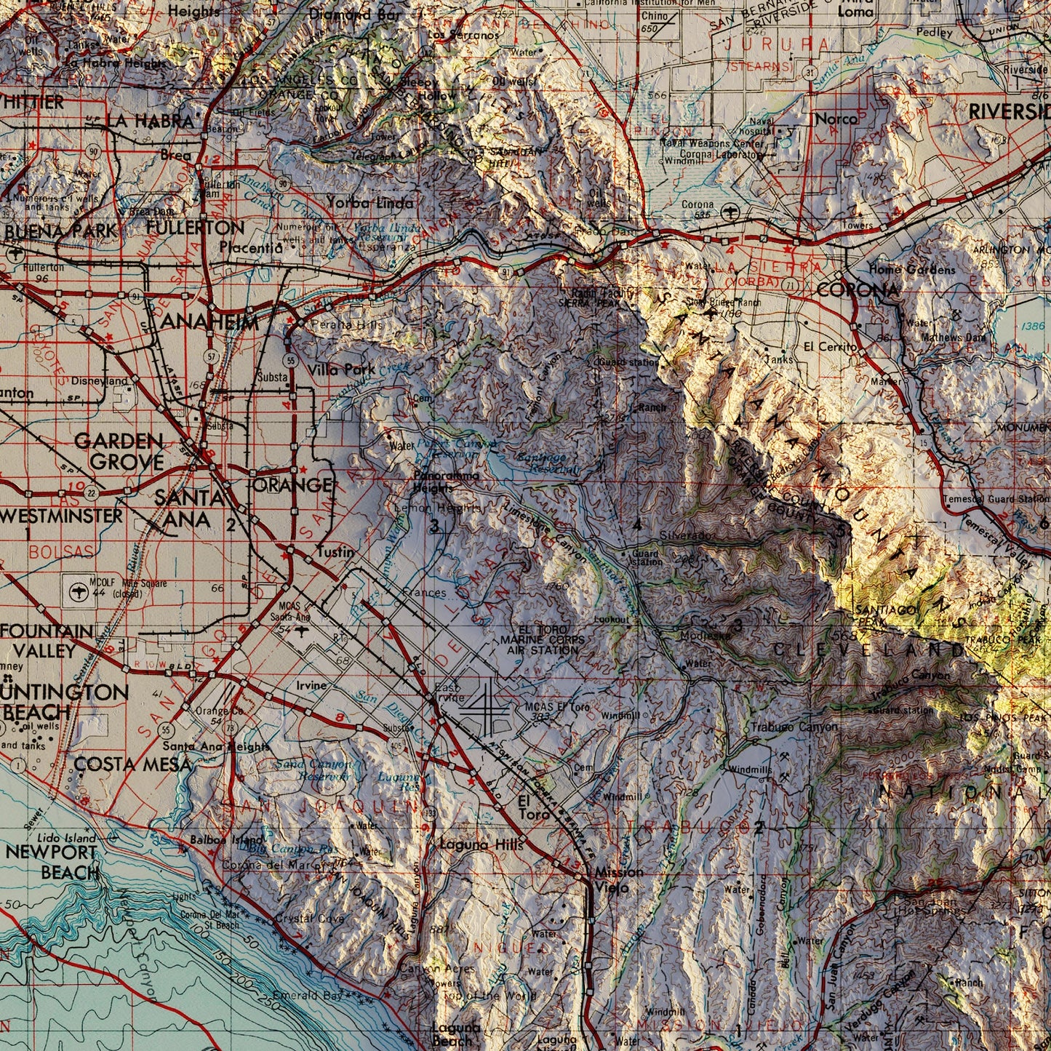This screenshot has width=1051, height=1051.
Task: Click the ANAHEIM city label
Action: pyautogui.click(x=209, y=322)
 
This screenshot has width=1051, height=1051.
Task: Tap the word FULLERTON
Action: pyautogui.click(x=195, y=228)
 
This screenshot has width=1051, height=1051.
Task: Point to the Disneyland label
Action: pyautogui.click(x=99, y=381)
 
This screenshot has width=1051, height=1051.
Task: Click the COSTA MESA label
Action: pyautogui.click(x=132, y=764)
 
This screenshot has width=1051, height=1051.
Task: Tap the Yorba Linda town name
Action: pyautogui.click(x=369, y=203)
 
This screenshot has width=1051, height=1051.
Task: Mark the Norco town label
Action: pyautogui.click(x=836, y=118)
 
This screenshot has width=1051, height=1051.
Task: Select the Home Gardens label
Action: pyautogui.click(x=911, y=270)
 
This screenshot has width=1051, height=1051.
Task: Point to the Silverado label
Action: pyautogui.click(x=687, y=535)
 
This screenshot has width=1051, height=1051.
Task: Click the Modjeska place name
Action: pyautogui.click(x=706, y=635)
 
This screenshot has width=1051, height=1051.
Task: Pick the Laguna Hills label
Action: pyautogui.click(x=481, y=844)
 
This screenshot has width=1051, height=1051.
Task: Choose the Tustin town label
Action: pyautogui.click(x=335, y=552)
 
